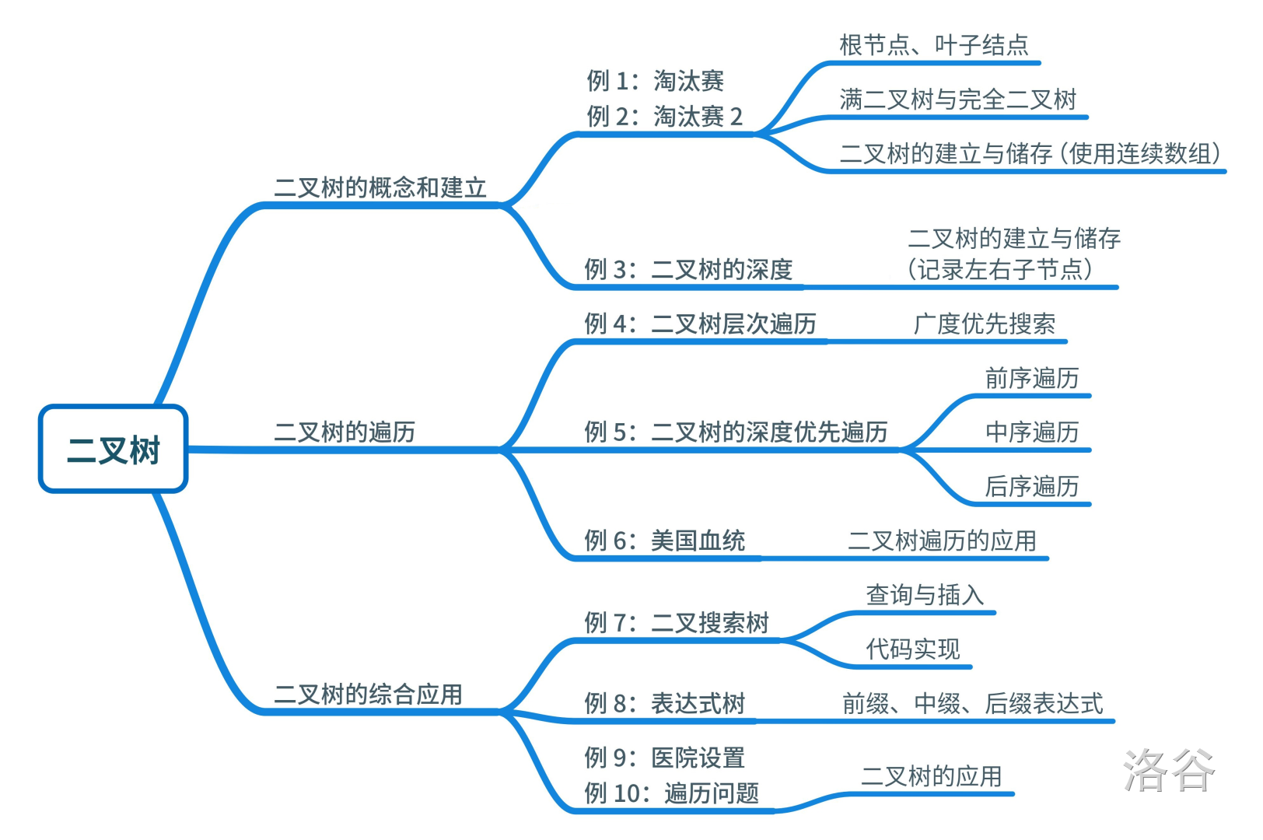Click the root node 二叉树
[x=113, y=450]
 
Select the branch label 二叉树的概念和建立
[x=380, y=187]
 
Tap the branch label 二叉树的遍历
[x=345, y=432]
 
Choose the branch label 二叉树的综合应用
[x=368, y=694]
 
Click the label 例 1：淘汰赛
[x=655, y=80]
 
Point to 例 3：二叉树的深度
[x=688, y=269]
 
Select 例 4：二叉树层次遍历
[x=700, y=324]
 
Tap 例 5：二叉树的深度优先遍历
[x=736, y=432]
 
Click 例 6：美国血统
[x=664, y=540]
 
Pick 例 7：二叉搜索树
[x=677, y=622]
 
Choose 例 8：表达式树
[x=664, y=703]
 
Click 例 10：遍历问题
[x=671, y=793]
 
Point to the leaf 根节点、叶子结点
[x=934, y=45]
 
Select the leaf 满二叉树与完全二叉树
[x=958, y=100]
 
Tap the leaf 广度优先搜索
[x=985, y=324]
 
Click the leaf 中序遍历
[x=1032, y=432]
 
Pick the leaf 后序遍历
[x=1032, y=486]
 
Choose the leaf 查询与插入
[x=925, y=595]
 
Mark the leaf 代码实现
[x=913, y=649]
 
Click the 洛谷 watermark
[x=1168, y=770]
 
